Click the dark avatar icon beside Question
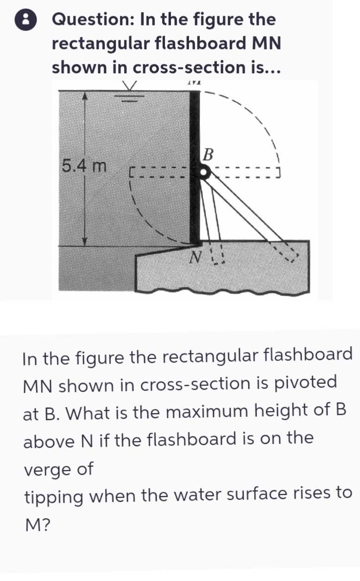tap(25, 20)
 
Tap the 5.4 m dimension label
tap(84, 166)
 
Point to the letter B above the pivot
tap(208, 155)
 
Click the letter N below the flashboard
tap(196, 257)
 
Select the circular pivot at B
tap(204, 172)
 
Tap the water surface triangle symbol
tap(129, 86)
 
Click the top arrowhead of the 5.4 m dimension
tap(84, 96)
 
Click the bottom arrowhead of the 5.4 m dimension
tap(84, 241)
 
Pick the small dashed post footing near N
tap(217, 255)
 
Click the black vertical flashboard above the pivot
tap(195, 128)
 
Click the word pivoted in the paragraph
tap(305, 384)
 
